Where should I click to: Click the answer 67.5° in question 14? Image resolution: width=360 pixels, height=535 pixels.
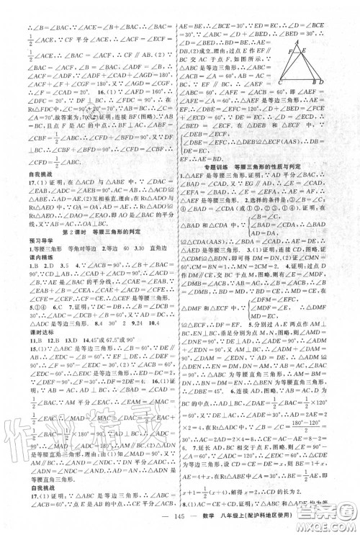tap(89, 332)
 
